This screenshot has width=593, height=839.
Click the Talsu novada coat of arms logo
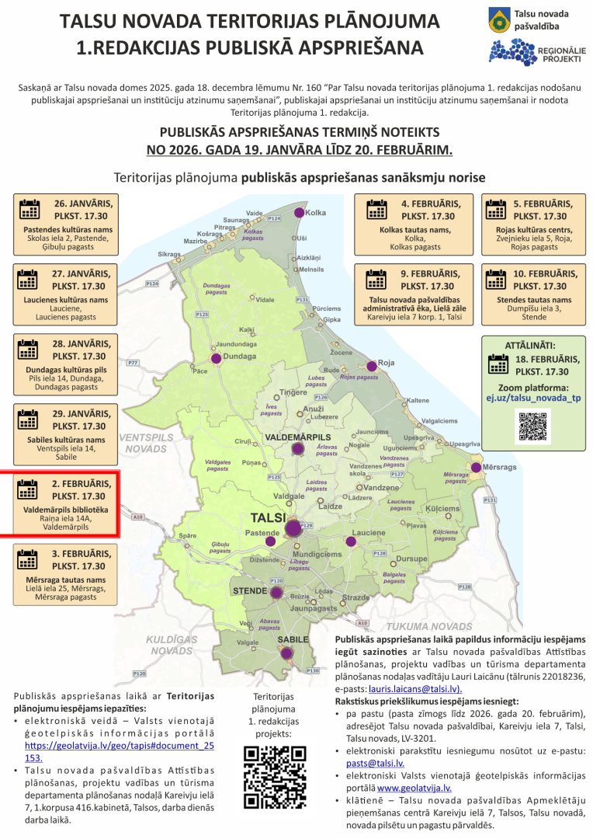click(x=500, y=21)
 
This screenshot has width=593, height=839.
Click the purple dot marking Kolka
click(x=299, y=213)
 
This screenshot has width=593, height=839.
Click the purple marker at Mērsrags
click(x=476, y=468)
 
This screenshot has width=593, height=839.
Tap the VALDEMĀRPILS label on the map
click(x=298, y=438)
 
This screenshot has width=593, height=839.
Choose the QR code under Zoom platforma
click(x=532, y=426)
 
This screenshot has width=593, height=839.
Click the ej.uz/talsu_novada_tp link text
click(x=532, y=398)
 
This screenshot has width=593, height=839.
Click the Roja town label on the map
click(x=387, y=364)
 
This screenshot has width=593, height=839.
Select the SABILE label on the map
click(x=294, y=639)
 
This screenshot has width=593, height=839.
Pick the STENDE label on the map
click(x=250, y=591)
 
